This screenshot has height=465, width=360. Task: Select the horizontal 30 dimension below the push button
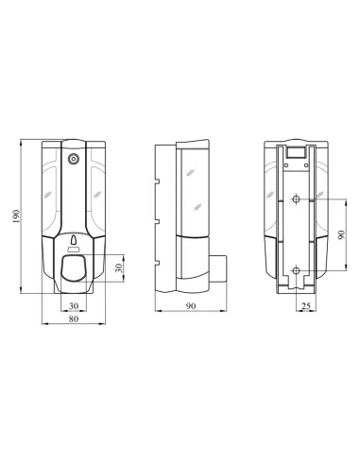(x=73, y=305)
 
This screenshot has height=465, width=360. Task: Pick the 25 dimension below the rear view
(x=305, y=305)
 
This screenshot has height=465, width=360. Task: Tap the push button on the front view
(x=74, y=268)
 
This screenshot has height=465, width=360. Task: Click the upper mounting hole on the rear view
(x=296, y=199)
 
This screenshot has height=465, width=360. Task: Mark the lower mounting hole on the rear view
(x=296, y=272)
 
